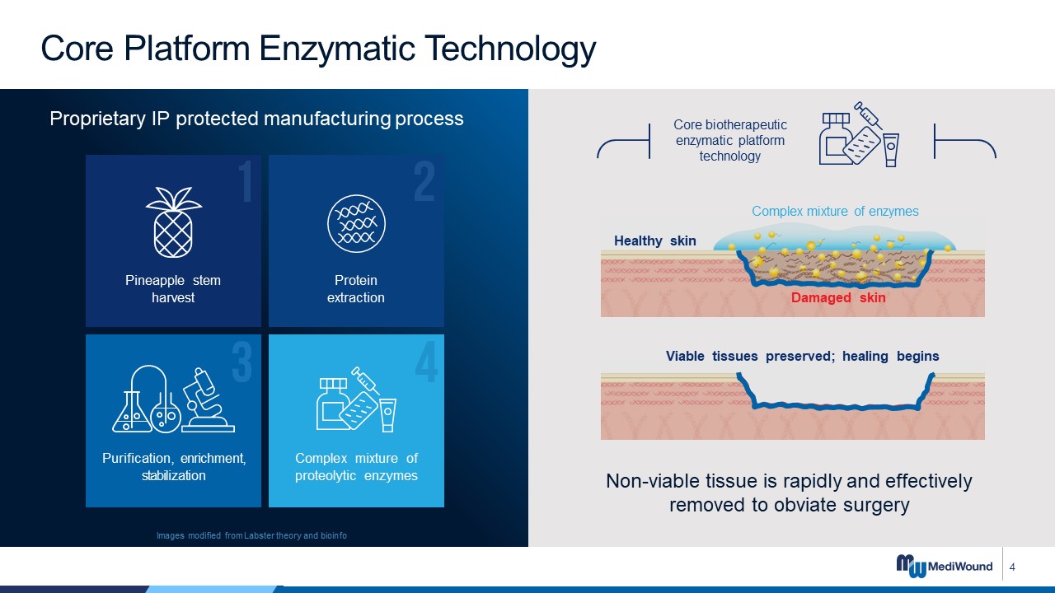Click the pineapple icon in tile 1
[173, 222]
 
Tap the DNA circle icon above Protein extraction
[356, 223]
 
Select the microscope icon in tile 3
[208, 400]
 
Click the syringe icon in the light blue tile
[365, 381]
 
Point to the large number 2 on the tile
[424, 181]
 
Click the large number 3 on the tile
[242, 362]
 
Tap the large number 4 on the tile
[427, 362]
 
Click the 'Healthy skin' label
[654, 241]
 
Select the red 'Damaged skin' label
[838, 297]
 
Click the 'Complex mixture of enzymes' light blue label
[835, 212]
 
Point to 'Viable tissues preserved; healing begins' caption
[802, 357]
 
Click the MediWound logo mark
[911, 566]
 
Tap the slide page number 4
[1012, 567]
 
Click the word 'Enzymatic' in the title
[337, 49]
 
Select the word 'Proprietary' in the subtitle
[97, 119]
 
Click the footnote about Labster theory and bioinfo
[251, 535]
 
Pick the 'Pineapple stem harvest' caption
[173, 289]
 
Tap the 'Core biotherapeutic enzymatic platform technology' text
[730, 140]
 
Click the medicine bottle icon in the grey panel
[837, 138]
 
